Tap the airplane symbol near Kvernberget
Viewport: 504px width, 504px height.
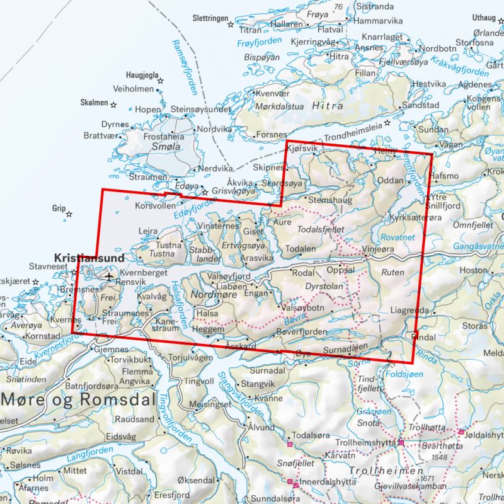coord(110,275)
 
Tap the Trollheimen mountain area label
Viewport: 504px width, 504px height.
coord(384,471)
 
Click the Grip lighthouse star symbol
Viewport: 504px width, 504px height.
coord(69,214)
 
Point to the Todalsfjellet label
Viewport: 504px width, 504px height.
coord(321,231)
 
